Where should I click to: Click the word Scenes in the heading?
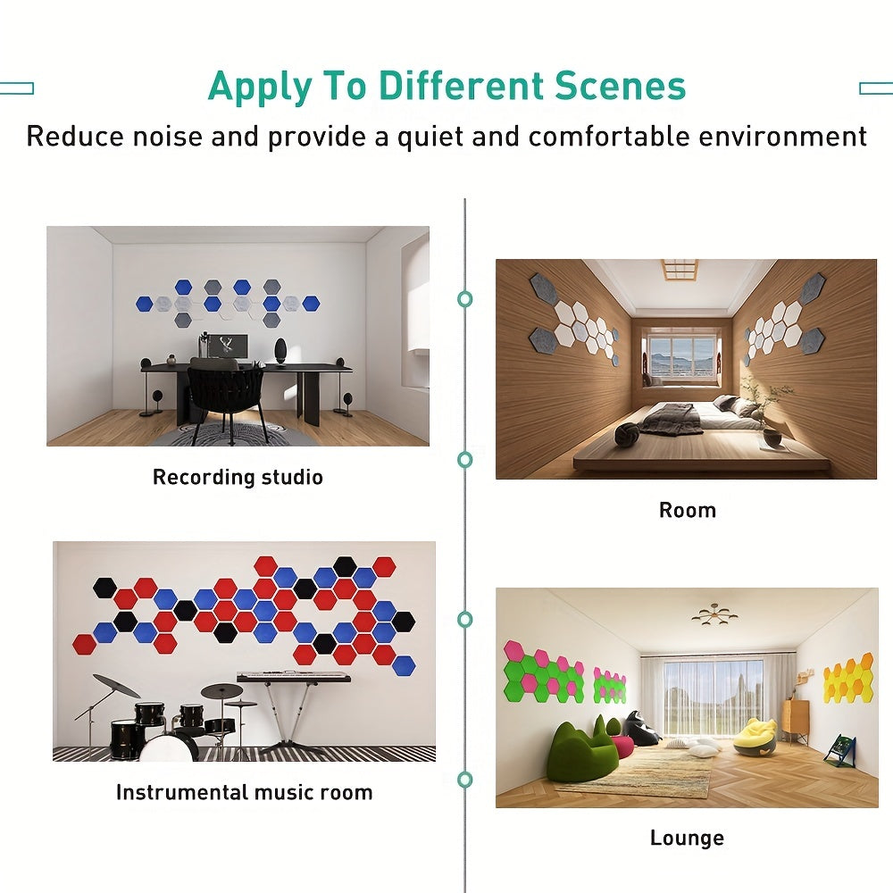click(x=621, y=87)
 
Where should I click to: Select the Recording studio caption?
click(x=238, y=477)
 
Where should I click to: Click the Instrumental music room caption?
click(x=244, y=792)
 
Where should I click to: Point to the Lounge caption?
click(x=687, y=838)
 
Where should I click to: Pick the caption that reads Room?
click(x=687, y=510)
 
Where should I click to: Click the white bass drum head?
click(x=166, y=748)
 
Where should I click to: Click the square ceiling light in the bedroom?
click(x=679, y=269)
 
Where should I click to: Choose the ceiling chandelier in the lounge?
click(x=714, y=613)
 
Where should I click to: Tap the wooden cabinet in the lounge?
click(x=795, y=720)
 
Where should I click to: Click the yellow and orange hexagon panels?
click(x=847, y=680)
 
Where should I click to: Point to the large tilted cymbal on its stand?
click(x=116, y=686)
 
